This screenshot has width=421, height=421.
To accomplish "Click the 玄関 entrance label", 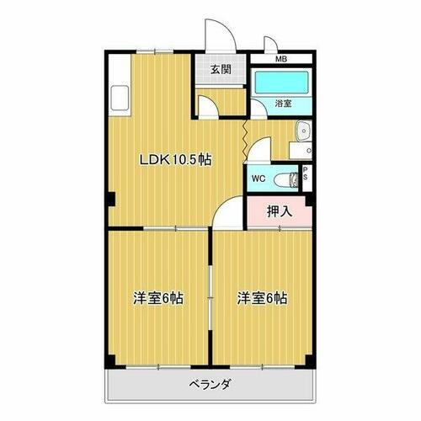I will point(221,68).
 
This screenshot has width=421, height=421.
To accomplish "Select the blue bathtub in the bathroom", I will point(282,83).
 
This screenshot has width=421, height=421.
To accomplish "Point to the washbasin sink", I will point(302,131).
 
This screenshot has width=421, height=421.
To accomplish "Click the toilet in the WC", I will point(289,178).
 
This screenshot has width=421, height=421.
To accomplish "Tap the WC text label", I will point(258,179).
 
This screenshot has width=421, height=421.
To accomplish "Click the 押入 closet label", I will point(280,210).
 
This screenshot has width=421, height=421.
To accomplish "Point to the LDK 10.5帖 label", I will point(174,159).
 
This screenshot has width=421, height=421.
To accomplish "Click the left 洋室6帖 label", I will point(157,298).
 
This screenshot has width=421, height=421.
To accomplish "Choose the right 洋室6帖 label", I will point(261,298).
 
